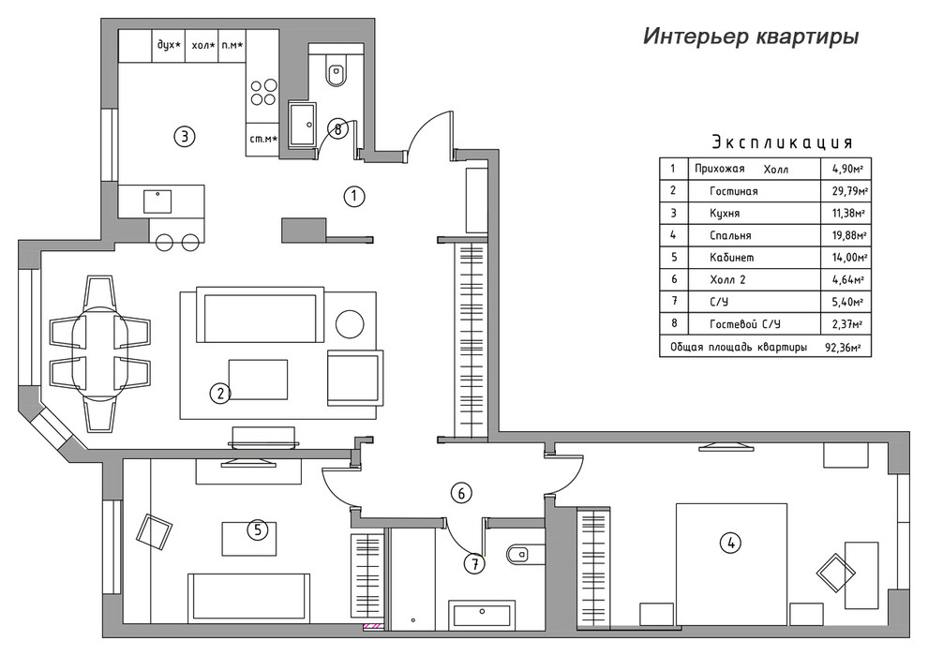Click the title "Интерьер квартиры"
pos(750,37)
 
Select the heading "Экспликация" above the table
pos(782,142)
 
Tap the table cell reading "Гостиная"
pos(734,191)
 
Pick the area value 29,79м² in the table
pos(843,191)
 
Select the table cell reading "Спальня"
pos(731,235)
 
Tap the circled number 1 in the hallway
pos(353,196)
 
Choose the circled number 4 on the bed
pos(729,542)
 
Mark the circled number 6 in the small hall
pos(459,492)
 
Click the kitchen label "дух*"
pos(169,45)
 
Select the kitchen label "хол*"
pos(202,45)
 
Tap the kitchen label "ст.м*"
pos(262,139)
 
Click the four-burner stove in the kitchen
pos(262,94)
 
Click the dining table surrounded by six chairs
pos(98,353)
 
